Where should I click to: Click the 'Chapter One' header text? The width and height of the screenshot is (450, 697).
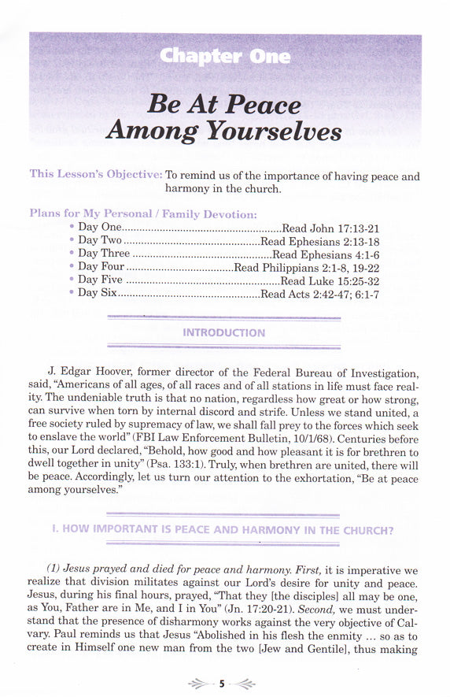tap(224, 56)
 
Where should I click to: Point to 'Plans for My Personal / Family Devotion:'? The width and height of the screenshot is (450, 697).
tap(142, 213)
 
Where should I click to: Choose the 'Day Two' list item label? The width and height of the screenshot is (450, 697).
tap(99, 240)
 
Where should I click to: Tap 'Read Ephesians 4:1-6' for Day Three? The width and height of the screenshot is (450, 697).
tap(326, 254)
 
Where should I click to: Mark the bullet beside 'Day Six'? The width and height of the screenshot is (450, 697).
tap(72, 294)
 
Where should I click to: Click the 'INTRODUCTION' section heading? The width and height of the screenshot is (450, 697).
tap(223, 332)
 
